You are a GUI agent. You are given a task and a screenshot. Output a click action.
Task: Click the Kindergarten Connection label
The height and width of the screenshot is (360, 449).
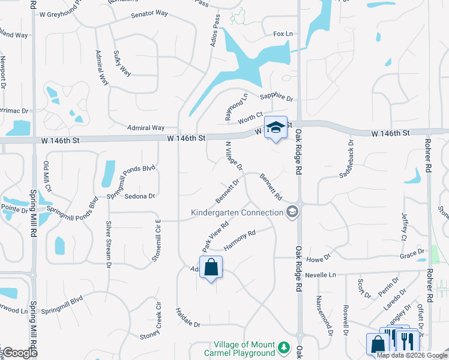click(237, 212)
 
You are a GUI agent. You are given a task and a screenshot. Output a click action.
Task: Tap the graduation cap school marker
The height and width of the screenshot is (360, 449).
click(276, 127)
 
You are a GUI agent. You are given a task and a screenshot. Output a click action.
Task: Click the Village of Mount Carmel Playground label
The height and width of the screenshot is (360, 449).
click(245, 349)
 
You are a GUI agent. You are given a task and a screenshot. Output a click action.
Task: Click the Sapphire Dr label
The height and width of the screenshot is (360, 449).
click(276, 97)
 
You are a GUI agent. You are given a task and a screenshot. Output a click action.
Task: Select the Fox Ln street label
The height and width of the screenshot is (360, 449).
click(283, 34)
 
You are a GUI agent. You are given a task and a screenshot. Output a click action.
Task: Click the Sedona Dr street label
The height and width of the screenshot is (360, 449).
click(139, 196)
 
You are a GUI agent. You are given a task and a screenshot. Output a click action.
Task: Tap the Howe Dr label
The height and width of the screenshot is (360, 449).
click(319, 257)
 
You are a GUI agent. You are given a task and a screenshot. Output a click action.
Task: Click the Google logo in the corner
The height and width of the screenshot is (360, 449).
click(20, 353)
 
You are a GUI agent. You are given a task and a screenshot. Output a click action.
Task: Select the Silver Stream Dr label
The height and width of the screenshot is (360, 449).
click(109, 243)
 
